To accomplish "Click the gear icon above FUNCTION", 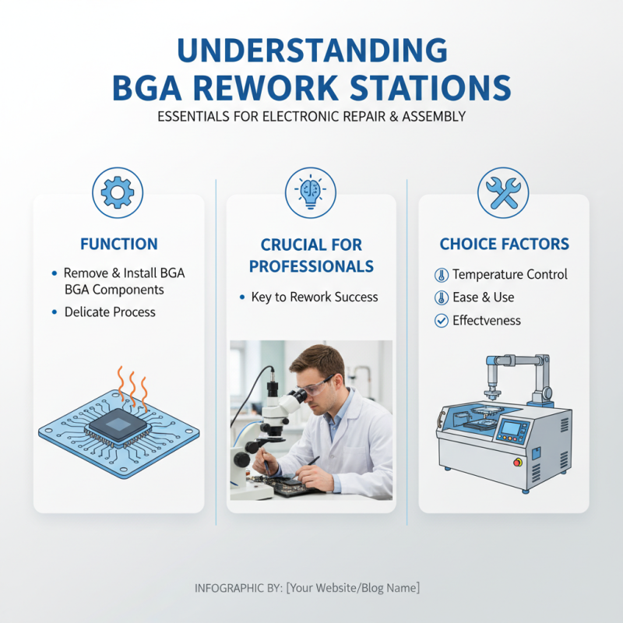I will pos(118,192).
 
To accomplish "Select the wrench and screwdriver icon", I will pos(503,192).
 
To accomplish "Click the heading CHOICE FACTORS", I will pos(504,245).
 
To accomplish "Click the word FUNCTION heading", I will pos(118,245).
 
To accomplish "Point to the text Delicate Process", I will pos(109,312).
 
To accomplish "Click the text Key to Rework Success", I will pos(314,297).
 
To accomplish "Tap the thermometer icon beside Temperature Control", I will pos(441,275).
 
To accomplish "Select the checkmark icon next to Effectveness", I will pos(441,320).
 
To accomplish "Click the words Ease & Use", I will pos(483,297).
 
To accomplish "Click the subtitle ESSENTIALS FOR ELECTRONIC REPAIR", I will pos(311,117).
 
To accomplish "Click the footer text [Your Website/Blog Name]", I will pos(353,588).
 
